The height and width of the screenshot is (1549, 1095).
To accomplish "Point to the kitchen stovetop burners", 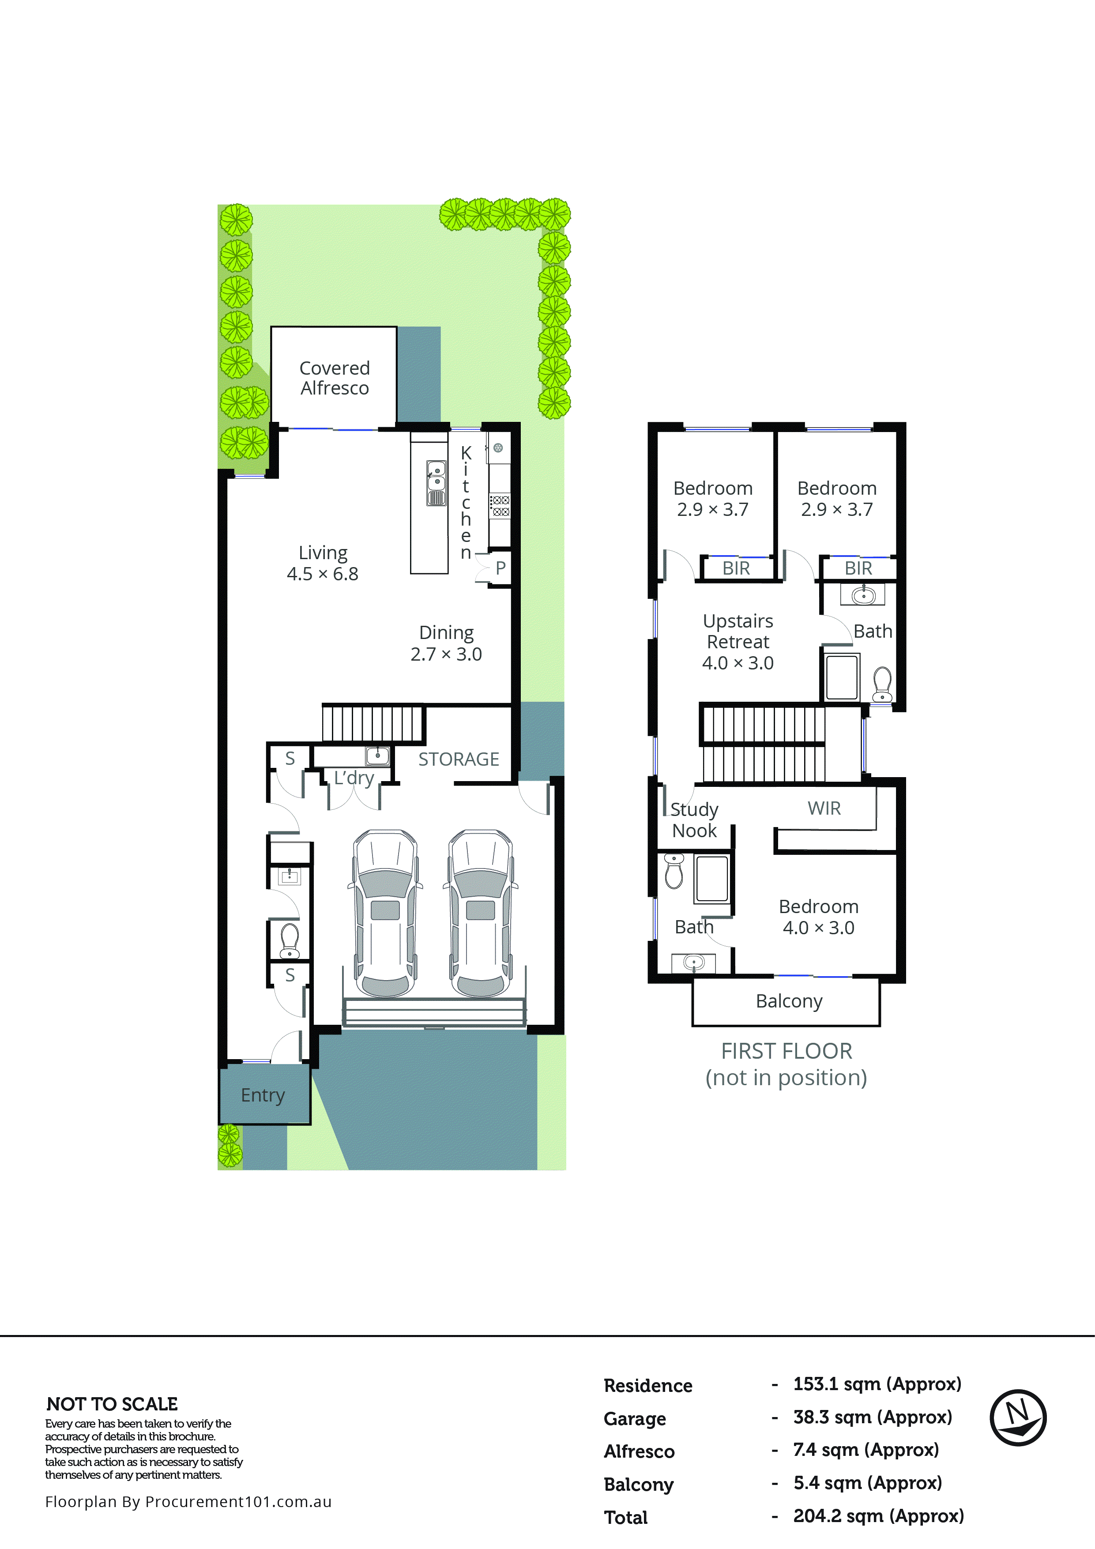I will coord(500,506).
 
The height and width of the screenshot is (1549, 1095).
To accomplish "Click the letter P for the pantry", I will coord(500,568).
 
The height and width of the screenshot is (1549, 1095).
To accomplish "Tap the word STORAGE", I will coord(459,759).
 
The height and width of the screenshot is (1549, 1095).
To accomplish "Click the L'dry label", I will coord(354,778).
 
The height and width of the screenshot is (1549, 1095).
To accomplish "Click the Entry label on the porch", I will coord(263,1094).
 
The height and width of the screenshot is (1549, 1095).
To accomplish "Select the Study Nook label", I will coord(694,820).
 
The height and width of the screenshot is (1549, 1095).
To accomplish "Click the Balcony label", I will coord(789,1001).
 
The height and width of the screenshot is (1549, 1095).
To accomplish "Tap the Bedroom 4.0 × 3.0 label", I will coord(818,917).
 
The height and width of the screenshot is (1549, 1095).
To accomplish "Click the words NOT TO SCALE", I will coord(112,1404).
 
